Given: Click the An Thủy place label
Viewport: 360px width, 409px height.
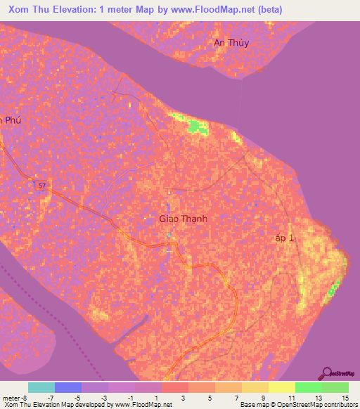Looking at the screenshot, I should coord(231,43).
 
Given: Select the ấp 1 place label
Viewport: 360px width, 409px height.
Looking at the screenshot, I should coord(285,239).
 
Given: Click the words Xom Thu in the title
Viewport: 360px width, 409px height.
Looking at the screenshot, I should coord(32,10).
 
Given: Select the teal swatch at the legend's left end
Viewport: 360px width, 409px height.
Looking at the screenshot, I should coord(41,387).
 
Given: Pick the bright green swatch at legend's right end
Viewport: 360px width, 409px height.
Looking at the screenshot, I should coord(335,387).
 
